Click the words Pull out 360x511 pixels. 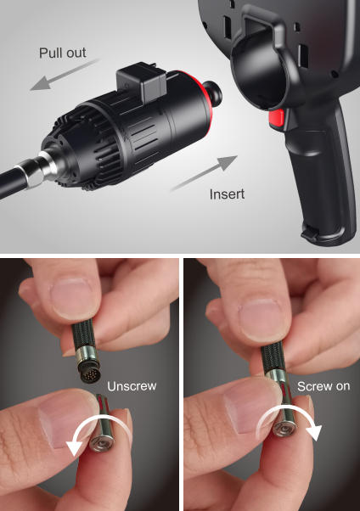[x=63, y=53]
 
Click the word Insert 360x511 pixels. [x=227, y=194]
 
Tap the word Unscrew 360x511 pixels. [x=132, y=386]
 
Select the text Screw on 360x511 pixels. [x=323, y=386]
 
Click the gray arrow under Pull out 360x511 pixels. [x=65, y=75]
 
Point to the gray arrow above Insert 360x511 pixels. [x=205, y=172]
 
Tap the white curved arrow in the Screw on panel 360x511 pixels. [x=290, y=413]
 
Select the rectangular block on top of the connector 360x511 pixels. [x=142, y=81]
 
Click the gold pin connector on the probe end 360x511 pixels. [x=88, y=372]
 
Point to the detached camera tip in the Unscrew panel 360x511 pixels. [x=103, y=424]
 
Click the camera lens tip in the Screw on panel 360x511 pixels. [x=284, y=428]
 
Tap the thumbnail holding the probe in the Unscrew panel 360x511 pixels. [x=71, y=296]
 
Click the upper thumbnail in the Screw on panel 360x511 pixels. [x=262, y=319]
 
